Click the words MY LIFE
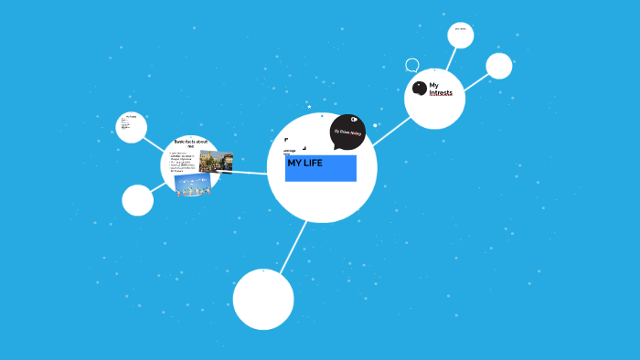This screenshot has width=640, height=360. pyautogui.click(x=304, y=164)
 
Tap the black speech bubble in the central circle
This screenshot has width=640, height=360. pyautogui.click(x=347, y=132)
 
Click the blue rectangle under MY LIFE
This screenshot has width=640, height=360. pyautogui.click(x=321, y=173)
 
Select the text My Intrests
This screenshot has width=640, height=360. pyautogui.click(x=441, y=89)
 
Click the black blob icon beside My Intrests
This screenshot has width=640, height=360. pyautogui.click(x=420, y=88)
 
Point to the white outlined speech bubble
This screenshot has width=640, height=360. pyautogui.click(x=412, y=65)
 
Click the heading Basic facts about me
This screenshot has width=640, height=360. pyautogui.click(x=191, y=143)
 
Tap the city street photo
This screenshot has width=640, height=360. pyautogui.click(x=216, y=163)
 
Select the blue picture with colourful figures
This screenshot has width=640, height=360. pyautogui.click(x=193, y=185)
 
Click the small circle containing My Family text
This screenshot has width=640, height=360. pyautogui.click(x=132, y=127)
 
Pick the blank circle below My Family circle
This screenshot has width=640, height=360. pyautogui.click(x=137, y=200)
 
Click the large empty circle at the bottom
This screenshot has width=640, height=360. pyautogui.click(x=263, y=299)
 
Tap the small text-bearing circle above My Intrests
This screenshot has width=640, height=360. pyautogui.click(x=461, y=35)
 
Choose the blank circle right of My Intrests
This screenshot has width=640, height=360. pyautogui.click(x=499, y=66)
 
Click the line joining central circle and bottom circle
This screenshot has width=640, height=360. pyautogui.click(x=293, y=246)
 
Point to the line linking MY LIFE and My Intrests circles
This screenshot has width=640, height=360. pyautogui.click(x=390, y=131)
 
